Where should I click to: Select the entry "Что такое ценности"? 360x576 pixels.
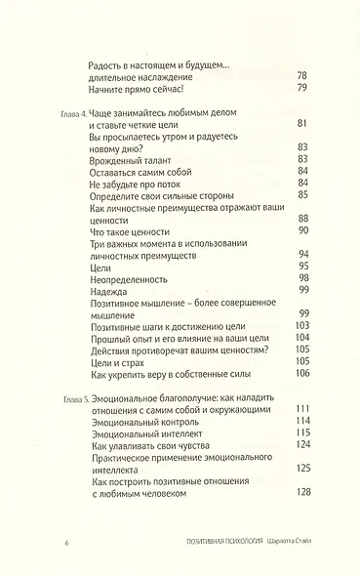pyautogui.click(x=114, y=231)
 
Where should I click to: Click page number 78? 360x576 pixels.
pyautogui.click(x=301, y=77)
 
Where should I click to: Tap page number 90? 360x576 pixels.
pyautogui.click(x=301, y=231)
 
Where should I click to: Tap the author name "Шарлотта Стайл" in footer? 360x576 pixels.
pyautogui.click(x=279, y=542)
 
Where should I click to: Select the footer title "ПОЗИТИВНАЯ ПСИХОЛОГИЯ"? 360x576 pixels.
pyautogui.click(x=206, y=542)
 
